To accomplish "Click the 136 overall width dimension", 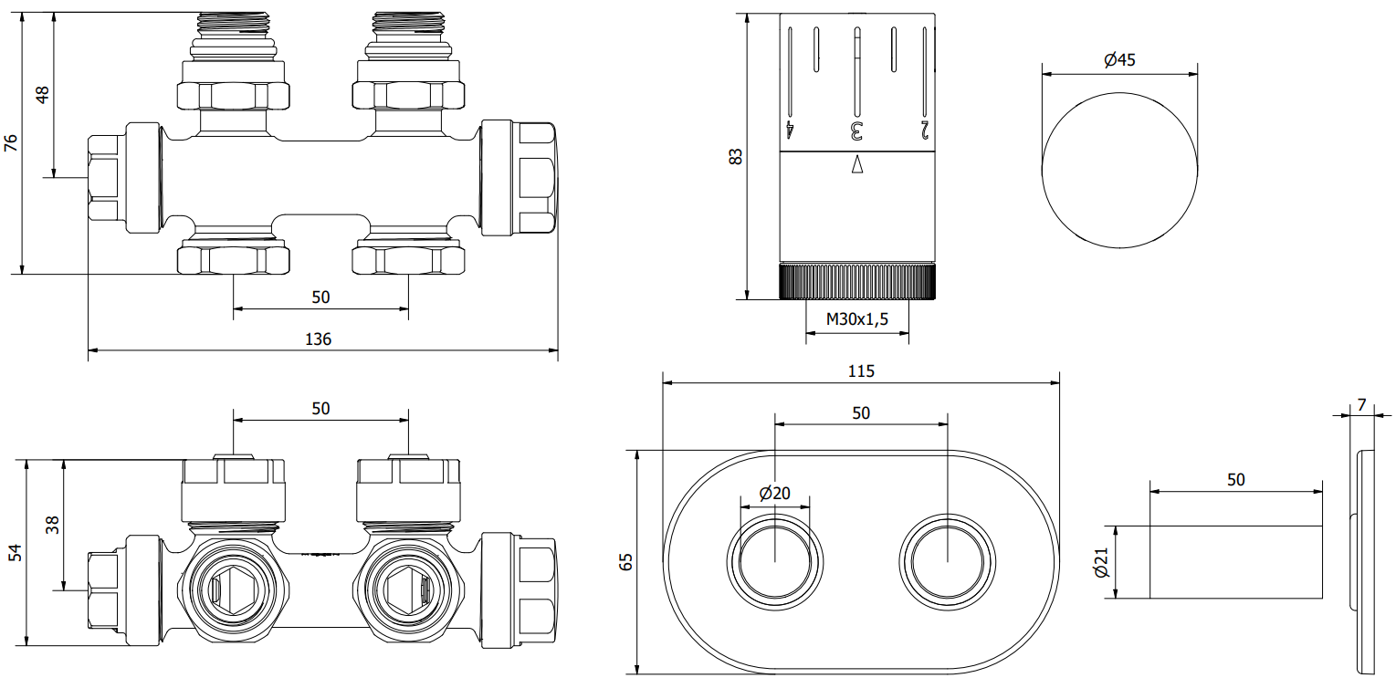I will coord(318,339).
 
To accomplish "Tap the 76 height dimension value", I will coord(11,142).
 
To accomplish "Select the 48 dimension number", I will coord(42,95).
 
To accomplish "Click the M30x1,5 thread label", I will coord(856,318).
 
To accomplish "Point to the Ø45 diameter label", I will coord(1118,60).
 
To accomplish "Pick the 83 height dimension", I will coord(736,156).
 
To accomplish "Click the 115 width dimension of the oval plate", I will coord(861,370).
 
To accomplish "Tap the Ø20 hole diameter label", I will coord(774,494).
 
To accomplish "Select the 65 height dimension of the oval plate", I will coord(625,562).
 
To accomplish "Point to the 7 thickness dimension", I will coord(1361,403).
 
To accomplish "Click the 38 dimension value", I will coord(52,525).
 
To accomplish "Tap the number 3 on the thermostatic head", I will coord(856,130).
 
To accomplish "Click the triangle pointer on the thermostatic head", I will coord(856,165).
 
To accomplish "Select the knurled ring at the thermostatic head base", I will coord(857,282).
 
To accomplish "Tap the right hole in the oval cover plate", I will coord(946,558).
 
